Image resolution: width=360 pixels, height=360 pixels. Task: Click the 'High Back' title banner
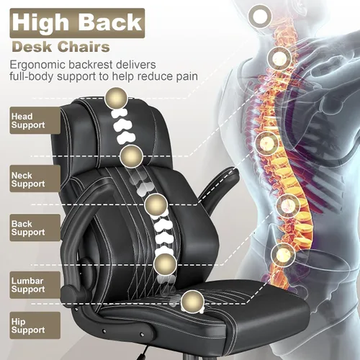click(77, 23)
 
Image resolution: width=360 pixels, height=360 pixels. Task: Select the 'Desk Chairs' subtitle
click(61, 47)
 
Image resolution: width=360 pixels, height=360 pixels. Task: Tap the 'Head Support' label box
click(35, 120)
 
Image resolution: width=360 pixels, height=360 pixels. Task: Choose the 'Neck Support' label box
click(35, 179)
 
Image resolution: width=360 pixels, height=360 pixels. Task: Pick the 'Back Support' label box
click(35, 228)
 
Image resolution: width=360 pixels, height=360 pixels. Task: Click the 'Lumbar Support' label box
click(35, 285)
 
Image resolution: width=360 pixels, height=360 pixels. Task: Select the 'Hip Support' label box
click(35, 325)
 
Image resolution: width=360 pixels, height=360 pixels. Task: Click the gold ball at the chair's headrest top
click(117, 99)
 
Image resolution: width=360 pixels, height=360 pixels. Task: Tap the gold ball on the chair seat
click(192, 301)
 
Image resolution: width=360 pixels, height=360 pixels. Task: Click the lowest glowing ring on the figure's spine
click(284, 254)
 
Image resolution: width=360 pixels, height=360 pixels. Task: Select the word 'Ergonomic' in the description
click(37, 65)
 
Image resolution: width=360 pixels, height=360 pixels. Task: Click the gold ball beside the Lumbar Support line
click(165, 265)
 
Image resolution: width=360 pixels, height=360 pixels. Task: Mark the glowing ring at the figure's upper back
click(279, 58)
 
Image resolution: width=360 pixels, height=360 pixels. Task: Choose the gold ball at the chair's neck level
click(131, 156)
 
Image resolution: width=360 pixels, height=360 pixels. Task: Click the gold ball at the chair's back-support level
click(156, 205)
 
